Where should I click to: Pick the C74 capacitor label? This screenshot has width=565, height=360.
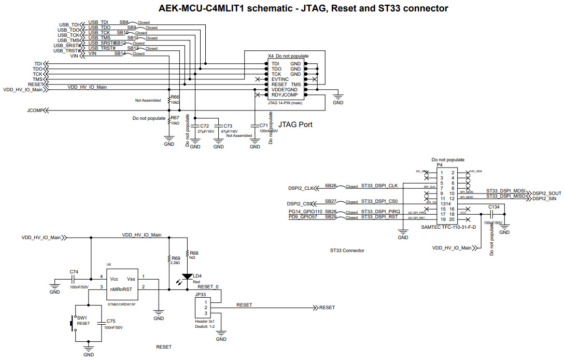pos(74,271)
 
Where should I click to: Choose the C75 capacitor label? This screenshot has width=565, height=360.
pos(110,321)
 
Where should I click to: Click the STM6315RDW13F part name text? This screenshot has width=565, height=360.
pos(122,304)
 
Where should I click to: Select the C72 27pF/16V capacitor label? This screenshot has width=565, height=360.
pos(204,126)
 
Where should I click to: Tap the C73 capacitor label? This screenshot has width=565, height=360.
pos(227,126)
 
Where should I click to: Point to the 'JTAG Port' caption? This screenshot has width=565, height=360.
pos(295,124)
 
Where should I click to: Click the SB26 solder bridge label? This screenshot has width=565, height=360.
pos(331,186)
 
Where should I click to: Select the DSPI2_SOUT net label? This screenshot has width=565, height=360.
pos(547,193)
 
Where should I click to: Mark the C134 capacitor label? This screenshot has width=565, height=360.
pos(494,206)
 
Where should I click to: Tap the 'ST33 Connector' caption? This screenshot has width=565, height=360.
pos(347,251)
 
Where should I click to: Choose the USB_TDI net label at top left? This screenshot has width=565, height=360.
pos(69,24)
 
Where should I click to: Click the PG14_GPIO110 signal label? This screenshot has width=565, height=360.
pos(305,212)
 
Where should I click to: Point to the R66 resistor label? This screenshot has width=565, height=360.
pos(175,97)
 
